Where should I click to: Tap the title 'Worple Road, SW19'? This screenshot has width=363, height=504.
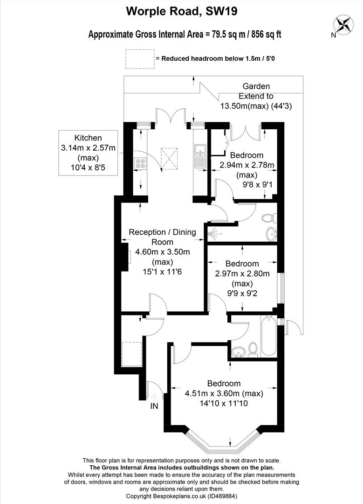point(182,12)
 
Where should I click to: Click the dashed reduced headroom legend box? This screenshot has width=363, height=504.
point(140,59)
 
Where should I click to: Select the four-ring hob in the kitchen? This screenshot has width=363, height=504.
point(140,163)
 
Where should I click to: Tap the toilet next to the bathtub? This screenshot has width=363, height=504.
point(253,349)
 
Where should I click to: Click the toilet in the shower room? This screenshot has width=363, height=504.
point(268,218)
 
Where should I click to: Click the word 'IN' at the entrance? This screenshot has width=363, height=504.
point(154,406)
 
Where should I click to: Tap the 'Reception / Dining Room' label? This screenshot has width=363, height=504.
point(163,237)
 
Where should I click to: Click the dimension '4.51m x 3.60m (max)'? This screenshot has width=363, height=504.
point(224,393)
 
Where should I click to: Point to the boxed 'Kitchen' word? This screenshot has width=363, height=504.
point(88,138)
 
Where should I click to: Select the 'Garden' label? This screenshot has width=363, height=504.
point(256,86)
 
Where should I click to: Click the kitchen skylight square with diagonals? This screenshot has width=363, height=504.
point(169,158)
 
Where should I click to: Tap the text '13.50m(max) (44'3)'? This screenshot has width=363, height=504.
point(256,106)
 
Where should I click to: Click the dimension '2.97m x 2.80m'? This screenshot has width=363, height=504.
point(242,273)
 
